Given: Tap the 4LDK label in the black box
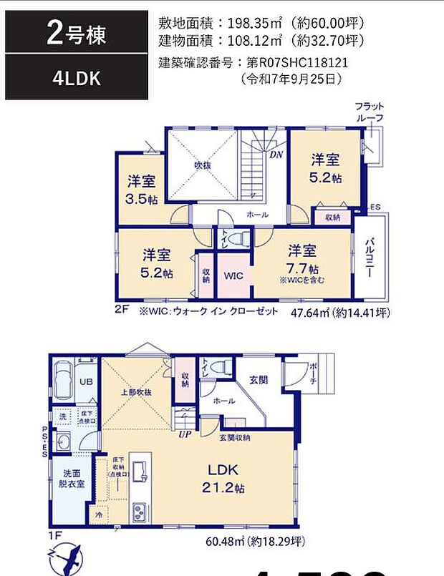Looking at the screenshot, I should pos(77,79).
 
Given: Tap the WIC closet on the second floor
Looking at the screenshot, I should pos(234,275).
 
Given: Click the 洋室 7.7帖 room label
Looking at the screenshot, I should pos(303,259).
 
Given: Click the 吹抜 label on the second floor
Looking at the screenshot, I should pos(202,165).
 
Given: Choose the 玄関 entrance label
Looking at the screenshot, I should pos(259,380).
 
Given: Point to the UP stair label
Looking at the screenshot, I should pos(184,434).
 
